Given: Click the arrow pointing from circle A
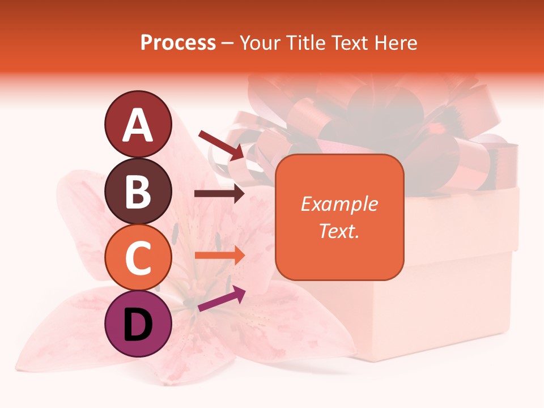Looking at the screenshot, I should (221, 144).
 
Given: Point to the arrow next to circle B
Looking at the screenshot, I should (219, 194).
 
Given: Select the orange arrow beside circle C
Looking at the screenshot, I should (219, 256).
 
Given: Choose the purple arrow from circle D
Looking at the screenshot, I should (222, 299).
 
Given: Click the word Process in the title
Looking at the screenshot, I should (178, 42).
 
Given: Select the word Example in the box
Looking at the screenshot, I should (339, 204).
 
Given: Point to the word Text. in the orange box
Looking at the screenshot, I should (339, 231).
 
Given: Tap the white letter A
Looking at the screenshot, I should (138, 125).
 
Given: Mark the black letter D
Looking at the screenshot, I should (138, 325).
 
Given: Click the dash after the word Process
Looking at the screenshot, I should (228, 43).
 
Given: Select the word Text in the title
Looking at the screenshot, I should (351, 42).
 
